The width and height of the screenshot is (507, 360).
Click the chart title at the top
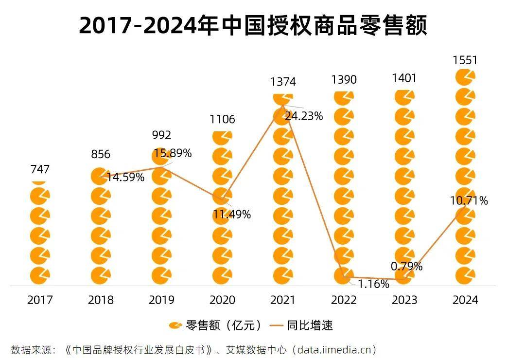pos(253,25)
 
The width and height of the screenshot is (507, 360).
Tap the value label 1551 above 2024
pos(465,60)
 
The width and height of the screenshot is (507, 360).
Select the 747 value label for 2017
pos(40,169)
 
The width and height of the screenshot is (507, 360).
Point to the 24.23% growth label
pos(304,116)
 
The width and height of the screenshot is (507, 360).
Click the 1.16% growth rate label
pos(373,284)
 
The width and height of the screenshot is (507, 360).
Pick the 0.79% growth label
pos(407,266)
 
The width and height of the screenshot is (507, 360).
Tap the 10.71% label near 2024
pos(469,200)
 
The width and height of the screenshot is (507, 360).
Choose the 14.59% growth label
pos(125,177)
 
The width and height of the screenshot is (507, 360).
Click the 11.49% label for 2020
pos(231,214)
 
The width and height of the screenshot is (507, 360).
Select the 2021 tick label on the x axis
pos(283,300)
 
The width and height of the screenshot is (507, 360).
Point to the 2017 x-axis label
pos(40,300)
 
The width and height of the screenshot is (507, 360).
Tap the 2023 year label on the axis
pos(404,300)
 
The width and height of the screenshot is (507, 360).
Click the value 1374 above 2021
pos(283,82)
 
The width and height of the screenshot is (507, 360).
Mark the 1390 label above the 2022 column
pos(344,79)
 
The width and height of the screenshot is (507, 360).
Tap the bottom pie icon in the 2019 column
pos(161,275)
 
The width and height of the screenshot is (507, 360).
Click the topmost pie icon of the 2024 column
pos(465,77)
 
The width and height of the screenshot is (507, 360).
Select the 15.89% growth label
pos(173,153)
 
